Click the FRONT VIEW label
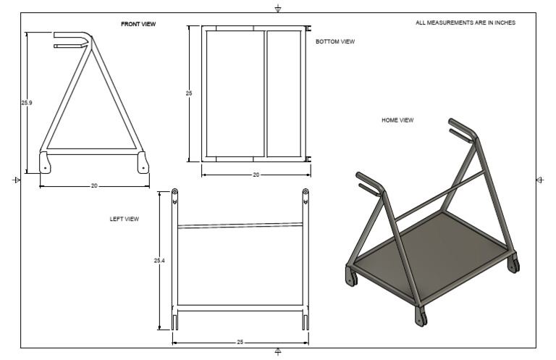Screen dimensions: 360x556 click(x=138, y=24)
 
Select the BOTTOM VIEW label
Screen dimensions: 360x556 click(x=335, y=42)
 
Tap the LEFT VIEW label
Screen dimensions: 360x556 click(x=125, y=218)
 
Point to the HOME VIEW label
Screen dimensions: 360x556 click(x=397, y=120)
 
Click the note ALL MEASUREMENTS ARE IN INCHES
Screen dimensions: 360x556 click(x=466, y=23)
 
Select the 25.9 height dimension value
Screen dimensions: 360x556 click(x=27, y=103)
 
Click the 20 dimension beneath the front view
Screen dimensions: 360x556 click(x=94, y=185)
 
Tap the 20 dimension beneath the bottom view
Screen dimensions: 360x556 click(x=256, y=175)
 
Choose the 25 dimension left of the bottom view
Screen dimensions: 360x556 click(x=189, y=93)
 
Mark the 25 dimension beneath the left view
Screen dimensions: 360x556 click(x=240, y=342)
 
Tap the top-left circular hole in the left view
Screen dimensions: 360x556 click(x=174, y=193)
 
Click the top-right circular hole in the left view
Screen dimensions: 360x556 click(x=306, y=193)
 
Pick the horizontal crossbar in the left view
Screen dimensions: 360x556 click(x=240, y=225)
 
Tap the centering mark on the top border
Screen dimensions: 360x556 click(x=278, y=8)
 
